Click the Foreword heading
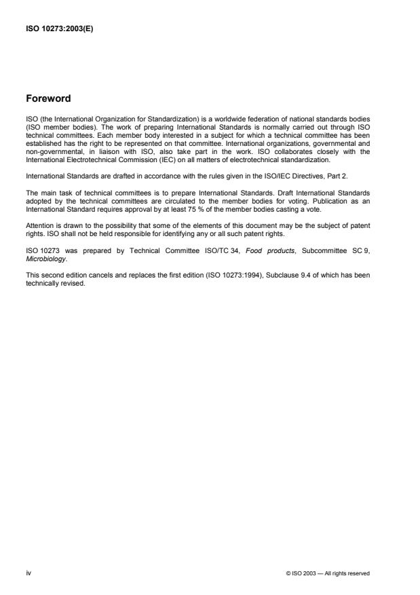[x=47, y=98]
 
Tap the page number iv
[x=28, y=573]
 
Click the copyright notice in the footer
[x=328, y=573]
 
